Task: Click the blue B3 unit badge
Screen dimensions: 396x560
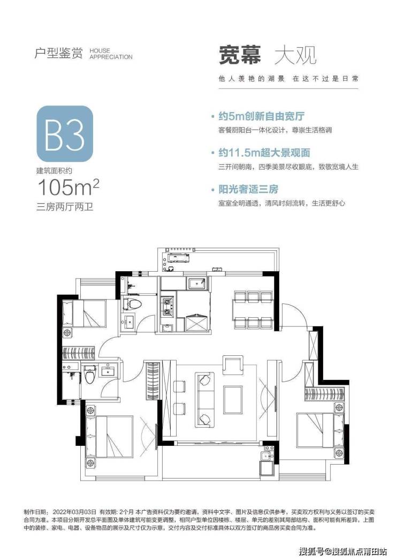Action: click(x=65, y=134)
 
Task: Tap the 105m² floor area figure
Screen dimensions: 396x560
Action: click(x=68, y=187)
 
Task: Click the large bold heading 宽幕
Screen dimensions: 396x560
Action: click(x=240, y=55)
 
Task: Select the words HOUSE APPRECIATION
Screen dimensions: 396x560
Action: click(x=111, y=54)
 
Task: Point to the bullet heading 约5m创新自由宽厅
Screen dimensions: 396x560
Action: click(x=262, y=116)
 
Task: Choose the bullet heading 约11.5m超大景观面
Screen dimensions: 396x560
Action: click(x=264, y=153)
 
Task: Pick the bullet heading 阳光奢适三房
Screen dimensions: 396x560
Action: click(x=248, y=189)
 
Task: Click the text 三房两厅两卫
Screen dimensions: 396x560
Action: click(x=65, y=207)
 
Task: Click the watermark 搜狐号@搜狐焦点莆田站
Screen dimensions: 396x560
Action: click(x=343, y=551)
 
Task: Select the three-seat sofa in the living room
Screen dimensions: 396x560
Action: click(x=205, y=399)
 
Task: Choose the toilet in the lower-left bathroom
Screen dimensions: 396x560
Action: click(x=90, y=374)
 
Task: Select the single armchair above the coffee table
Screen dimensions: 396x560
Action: click(x=233, y=364)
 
